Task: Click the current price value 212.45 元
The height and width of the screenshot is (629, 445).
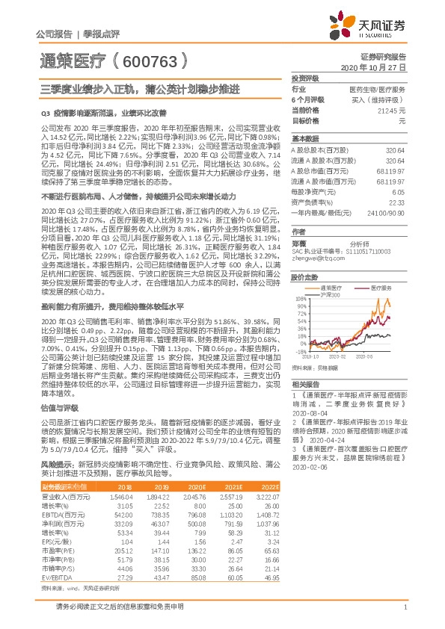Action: click(391, 110)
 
